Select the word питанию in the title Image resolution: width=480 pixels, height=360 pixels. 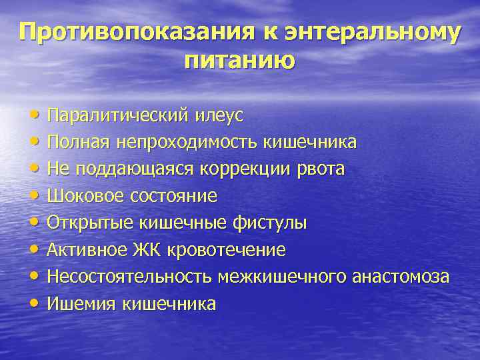click(x=239, y=61)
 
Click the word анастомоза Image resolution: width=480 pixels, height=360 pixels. click(x=400, y=277)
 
